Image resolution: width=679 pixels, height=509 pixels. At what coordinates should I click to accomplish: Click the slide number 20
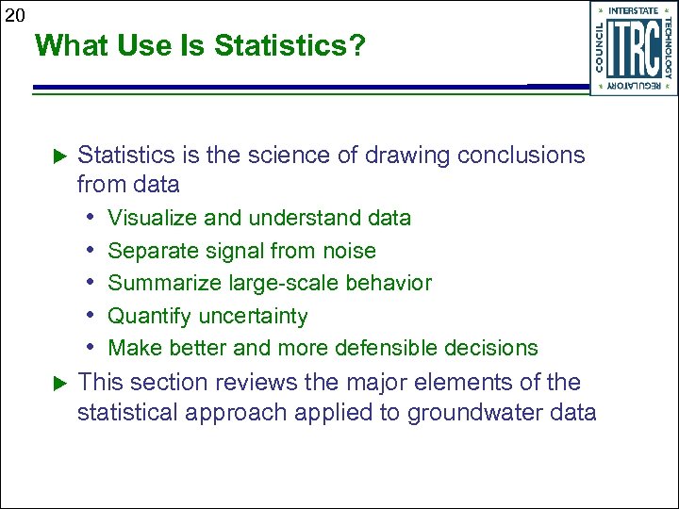coord(14,14)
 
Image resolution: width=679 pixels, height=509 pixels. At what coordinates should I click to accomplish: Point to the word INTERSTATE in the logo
coord(634,11)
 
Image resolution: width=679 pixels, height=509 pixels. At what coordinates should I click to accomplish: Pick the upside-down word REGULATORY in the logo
coord(634,87)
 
